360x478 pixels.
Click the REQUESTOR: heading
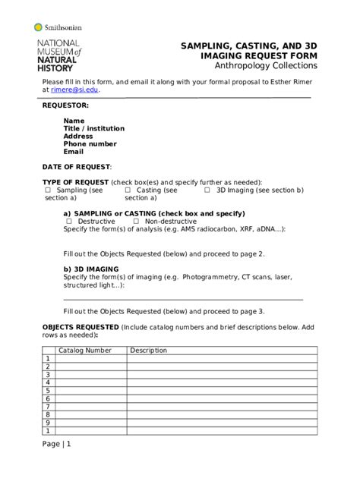65,105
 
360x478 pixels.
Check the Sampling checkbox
48,190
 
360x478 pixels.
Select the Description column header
148,351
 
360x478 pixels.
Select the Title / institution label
94,128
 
